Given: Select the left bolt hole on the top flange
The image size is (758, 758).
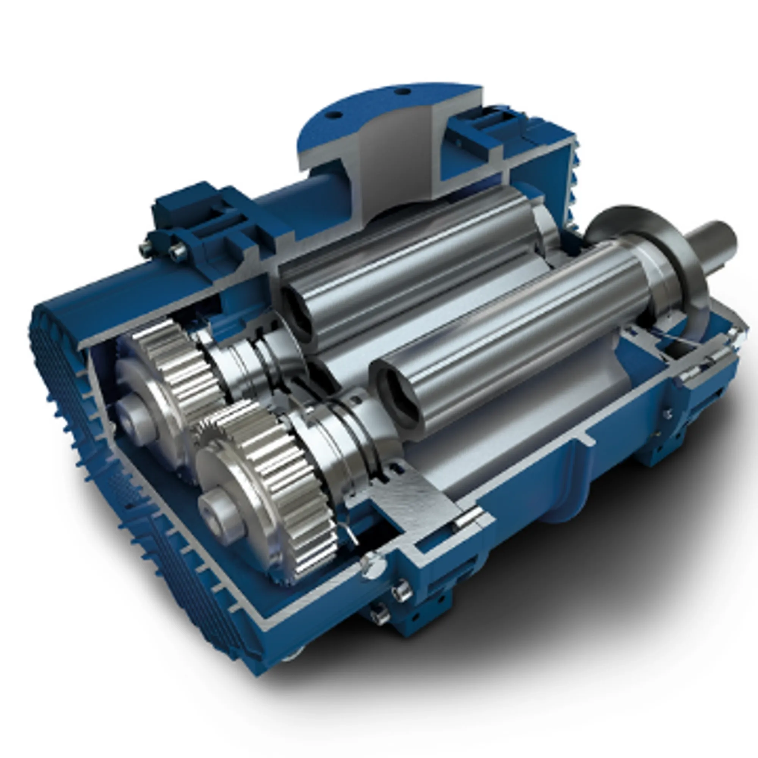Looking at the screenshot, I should [334, 115].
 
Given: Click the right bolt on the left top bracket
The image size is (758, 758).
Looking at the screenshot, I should [179, 251].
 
